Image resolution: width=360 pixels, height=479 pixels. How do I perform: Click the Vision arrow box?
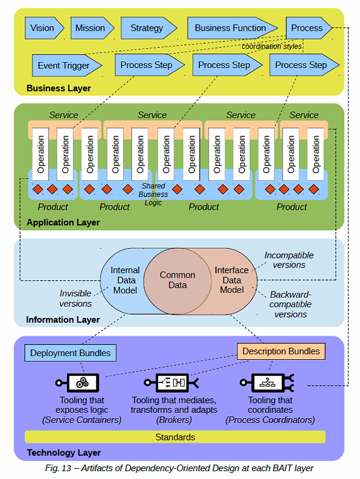(45, 28)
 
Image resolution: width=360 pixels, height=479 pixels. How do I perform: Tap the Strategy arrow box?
(149, 28)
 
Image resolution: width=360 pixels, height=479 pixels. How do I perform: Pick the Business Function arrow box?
(232, 28)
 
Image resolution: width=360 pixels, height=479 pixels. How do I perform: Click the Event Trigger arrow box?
(67, 66)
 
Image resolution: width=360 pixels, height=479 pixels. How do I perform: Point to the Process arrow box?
(309, 28)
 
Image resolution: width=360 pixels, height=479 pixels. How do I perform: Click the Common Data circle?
(177, 280)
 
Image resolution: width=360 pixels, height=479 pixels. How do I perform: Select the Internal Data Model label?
(125, 280)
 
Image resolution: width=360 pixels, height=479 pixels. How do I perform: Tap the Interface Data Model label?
(232, 280)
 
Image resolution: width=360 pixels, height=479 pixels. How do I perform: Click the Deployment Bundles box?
(71, 353)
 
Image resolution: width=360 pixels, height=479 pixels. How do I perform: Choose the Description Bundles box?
(281, 351)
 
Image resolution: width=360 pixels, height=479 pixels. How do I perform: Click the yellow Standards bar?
(175, 437)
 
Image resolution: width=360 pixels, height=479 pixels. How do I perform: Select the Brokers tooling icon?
(171, 383)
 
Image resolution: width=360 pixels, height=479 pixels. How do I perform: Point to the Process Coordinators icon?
(267, 383)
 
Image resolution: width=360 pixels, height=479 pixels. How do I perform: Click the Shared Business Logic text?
(153, 194)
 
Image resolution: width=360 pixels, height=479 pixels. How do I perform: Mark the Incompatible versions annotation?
(289, 260)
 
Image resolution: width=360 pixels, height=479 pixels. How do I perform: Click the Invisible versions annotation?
(75, 298)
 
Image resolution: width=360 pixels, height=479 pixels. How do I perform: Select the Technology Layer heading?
(64, 452)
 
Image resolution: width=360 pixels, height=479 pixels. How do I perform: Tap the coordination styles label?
(272, 46)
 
